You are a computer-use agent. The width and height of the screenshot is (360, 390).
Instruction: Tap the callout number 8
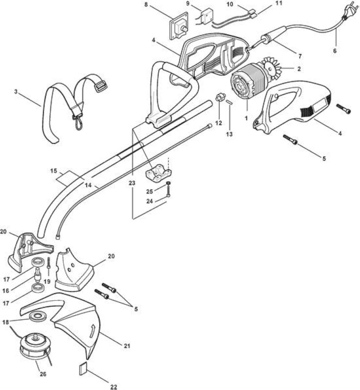pyautogui.click(x=146, y=4)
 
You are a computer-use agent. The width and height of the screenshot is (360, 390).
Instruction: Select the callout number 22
pyautogui.click(x=114, y=387)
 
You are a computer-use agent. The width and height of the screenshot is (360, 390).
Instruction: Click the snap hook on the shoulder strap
pyautogui.click(x=78, y=121)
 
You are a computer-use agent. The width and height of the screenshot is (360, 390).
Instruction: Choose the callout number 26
pyautogui.click(x=43, y=374)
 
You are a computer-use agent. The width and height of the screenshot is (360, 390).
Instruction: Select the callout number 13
pyautogui.click(x=229, y=134)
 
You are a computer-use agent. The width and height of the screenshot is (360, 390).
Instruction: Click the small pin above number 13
pyautogui.click(x=229, y=102)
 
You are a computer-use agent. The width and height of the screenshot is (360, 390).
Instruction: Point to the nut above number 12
pyautogui.click(x=220, y=97)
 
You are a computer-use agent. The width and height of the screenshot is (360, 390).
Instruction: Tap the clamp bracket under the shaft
pyautogui.click(x=158, y=173)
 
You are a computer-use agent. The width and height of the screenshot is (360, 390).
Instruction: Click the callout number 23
pyautogui.click(x=132, y=183)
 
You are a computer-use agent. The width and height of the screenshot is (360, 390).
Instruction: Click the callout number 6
pyautogui.click(x=335, y=51)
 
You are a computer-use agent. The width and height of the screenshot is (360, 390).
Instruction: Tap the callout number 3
pyautogui.click(x=16, y=92)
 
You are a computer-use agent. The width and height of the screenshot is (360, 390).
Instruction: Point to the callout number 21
pyautogui.click(x=127, y=346)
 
